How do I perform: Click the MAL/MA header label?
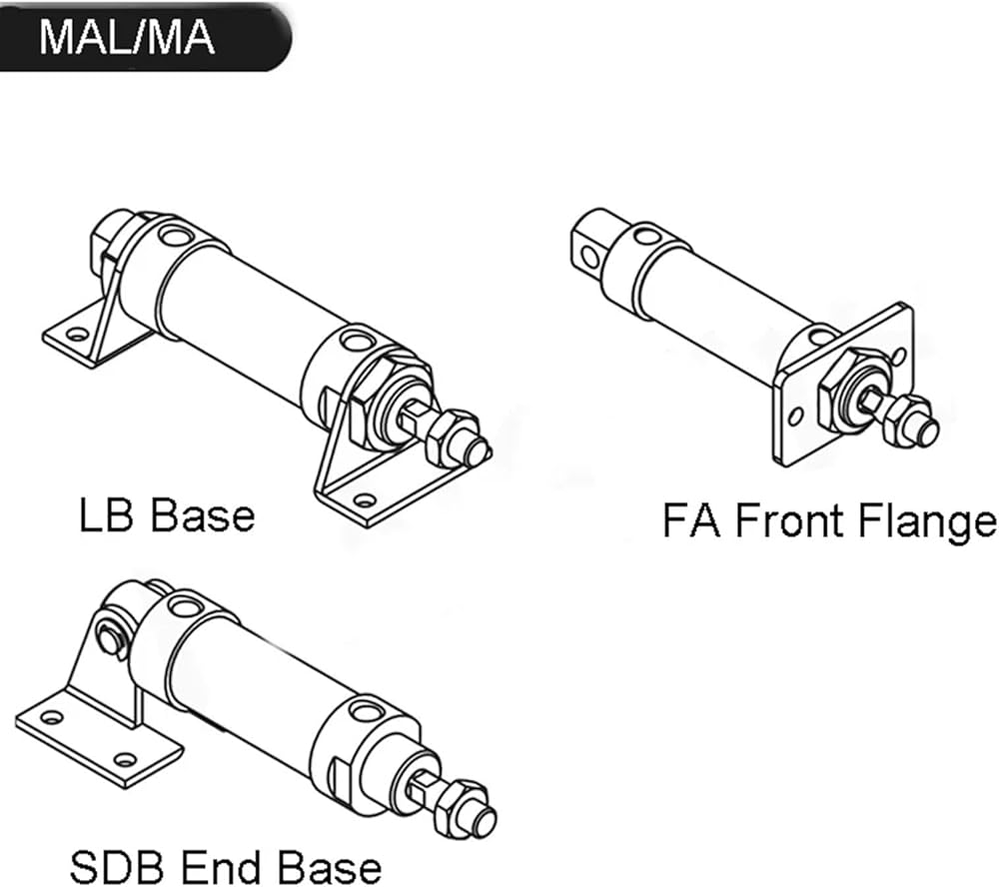[x=127, y=37]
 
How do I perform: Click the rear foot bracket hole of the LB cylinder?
[x=77, y=334]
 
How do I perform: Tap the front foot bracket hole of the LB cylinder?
[x=364, y=500]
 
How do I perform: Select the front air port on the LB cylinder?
[x=357, y=339]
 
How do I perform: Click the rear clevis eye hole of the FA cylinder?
[x=590, y=258]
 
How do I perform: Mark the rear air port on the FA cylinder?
[x=647, y=237]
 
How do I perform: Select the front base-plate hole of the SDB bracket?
[x=125, y=759]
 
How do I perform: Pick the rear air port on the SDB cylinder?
[x=186, y=605]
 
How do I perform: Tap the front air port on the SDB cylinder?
[x=365, y=710]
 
